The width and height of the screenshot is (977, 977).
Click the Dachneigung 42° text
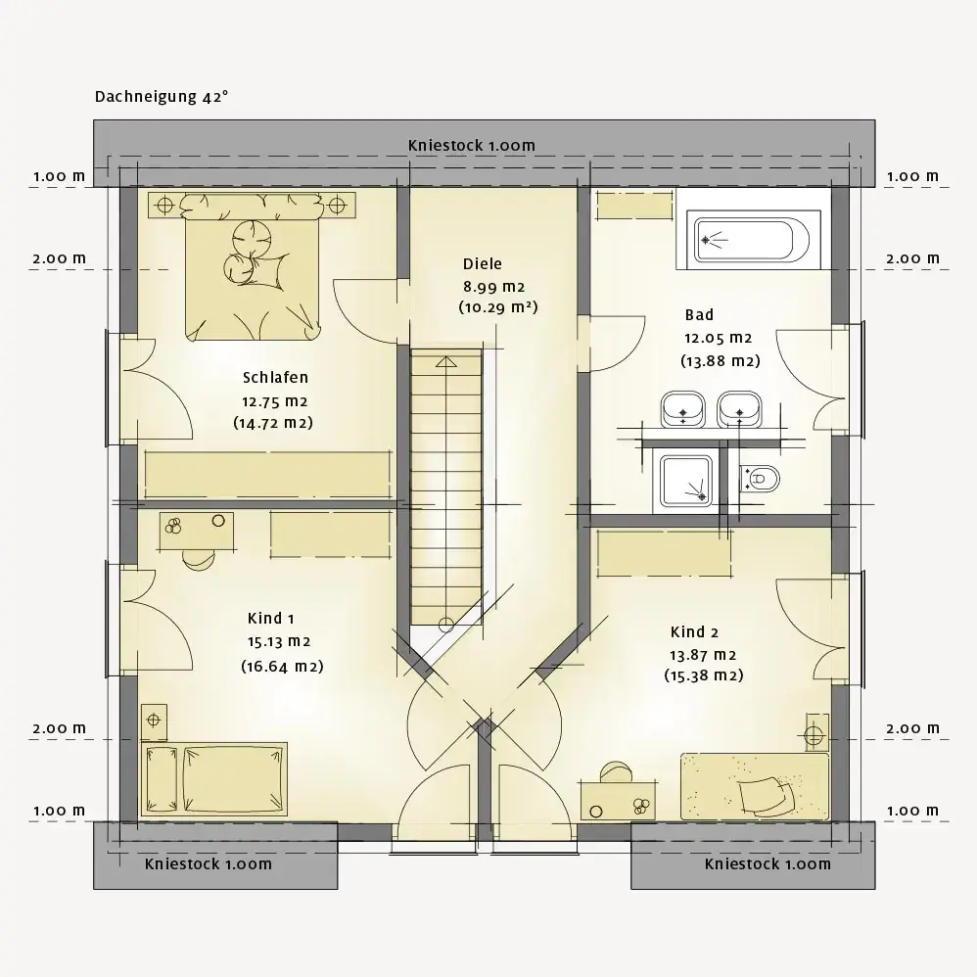coord(162,97)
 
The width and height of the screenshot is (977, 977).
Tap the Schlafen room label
coord(275,378)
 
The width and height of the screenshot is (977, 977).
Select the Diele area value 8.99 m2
coord(493,287)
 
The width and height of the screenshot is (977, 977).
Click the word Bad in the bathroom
coord(699,314)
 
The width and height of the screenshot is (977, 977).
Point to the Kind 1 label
coord(270,618)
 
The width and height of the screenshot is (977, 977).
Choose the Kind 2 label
coord(694,631)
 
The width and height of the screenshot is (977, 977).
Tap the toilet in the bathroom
coord(760,479)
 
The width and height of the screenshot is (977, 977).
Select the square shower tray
coord(686,479)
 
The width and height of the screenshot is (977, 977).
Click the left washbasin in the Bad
coord(683,409)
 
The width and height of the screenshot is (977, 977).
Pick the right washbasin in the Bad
coord(740,409)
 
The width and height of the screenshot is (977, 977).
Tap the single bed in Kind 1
coord(214,779)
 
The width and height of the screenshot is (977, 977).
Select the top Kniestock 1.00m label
coord(472,145)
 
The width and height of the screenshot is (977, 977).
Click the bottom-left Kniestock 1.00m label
coord(209,864)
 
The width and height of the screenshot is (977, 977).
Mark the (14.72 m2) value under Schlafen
coord(273,423)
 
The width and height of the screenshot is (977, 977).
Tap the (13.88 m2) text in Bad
coord(721,361)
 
